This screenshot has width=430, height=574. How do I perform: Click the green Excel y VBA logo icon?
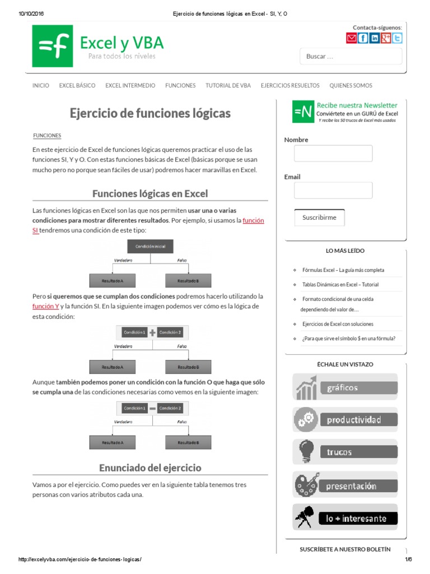(52, 47)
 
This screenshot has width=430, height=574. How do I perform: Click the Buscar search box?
(351, 56)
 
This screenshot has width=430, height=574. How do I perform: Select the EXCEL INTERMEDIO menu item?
(130, 86)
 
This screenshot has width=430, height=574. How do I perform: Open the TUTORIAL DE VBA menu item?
(228, 86)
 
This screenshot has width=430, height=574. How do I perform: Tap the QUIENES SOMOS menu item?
(350, 86)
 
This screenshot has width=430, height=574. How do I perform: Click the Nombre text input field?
(333, 154)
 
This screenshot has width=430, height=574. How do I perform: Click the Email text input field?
(333, 191)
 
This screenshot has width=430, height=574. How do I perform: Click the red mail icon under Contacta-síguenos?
(351, 38)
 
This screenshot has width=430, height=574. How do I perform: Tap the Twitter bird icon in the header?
(397, 38)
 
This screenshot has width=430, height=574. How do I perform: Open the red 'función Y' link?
(46, 306)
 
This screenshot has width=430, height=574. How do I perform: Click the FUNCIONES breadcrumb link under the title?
(47, 136)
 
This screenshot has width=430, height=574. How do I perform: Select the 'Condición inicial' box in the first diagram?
(150, 246)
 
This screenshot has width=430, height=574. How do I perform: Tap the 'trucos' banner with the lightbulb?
(345, 452)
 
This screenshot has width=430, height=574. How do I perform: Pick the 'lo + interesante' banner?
(345, 518)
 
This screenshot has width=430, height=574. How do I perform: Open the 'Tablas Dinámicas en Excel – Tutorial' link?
(340, 285)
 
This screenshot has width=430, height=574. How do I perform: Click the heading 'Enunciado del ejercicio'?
(150, 467)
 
